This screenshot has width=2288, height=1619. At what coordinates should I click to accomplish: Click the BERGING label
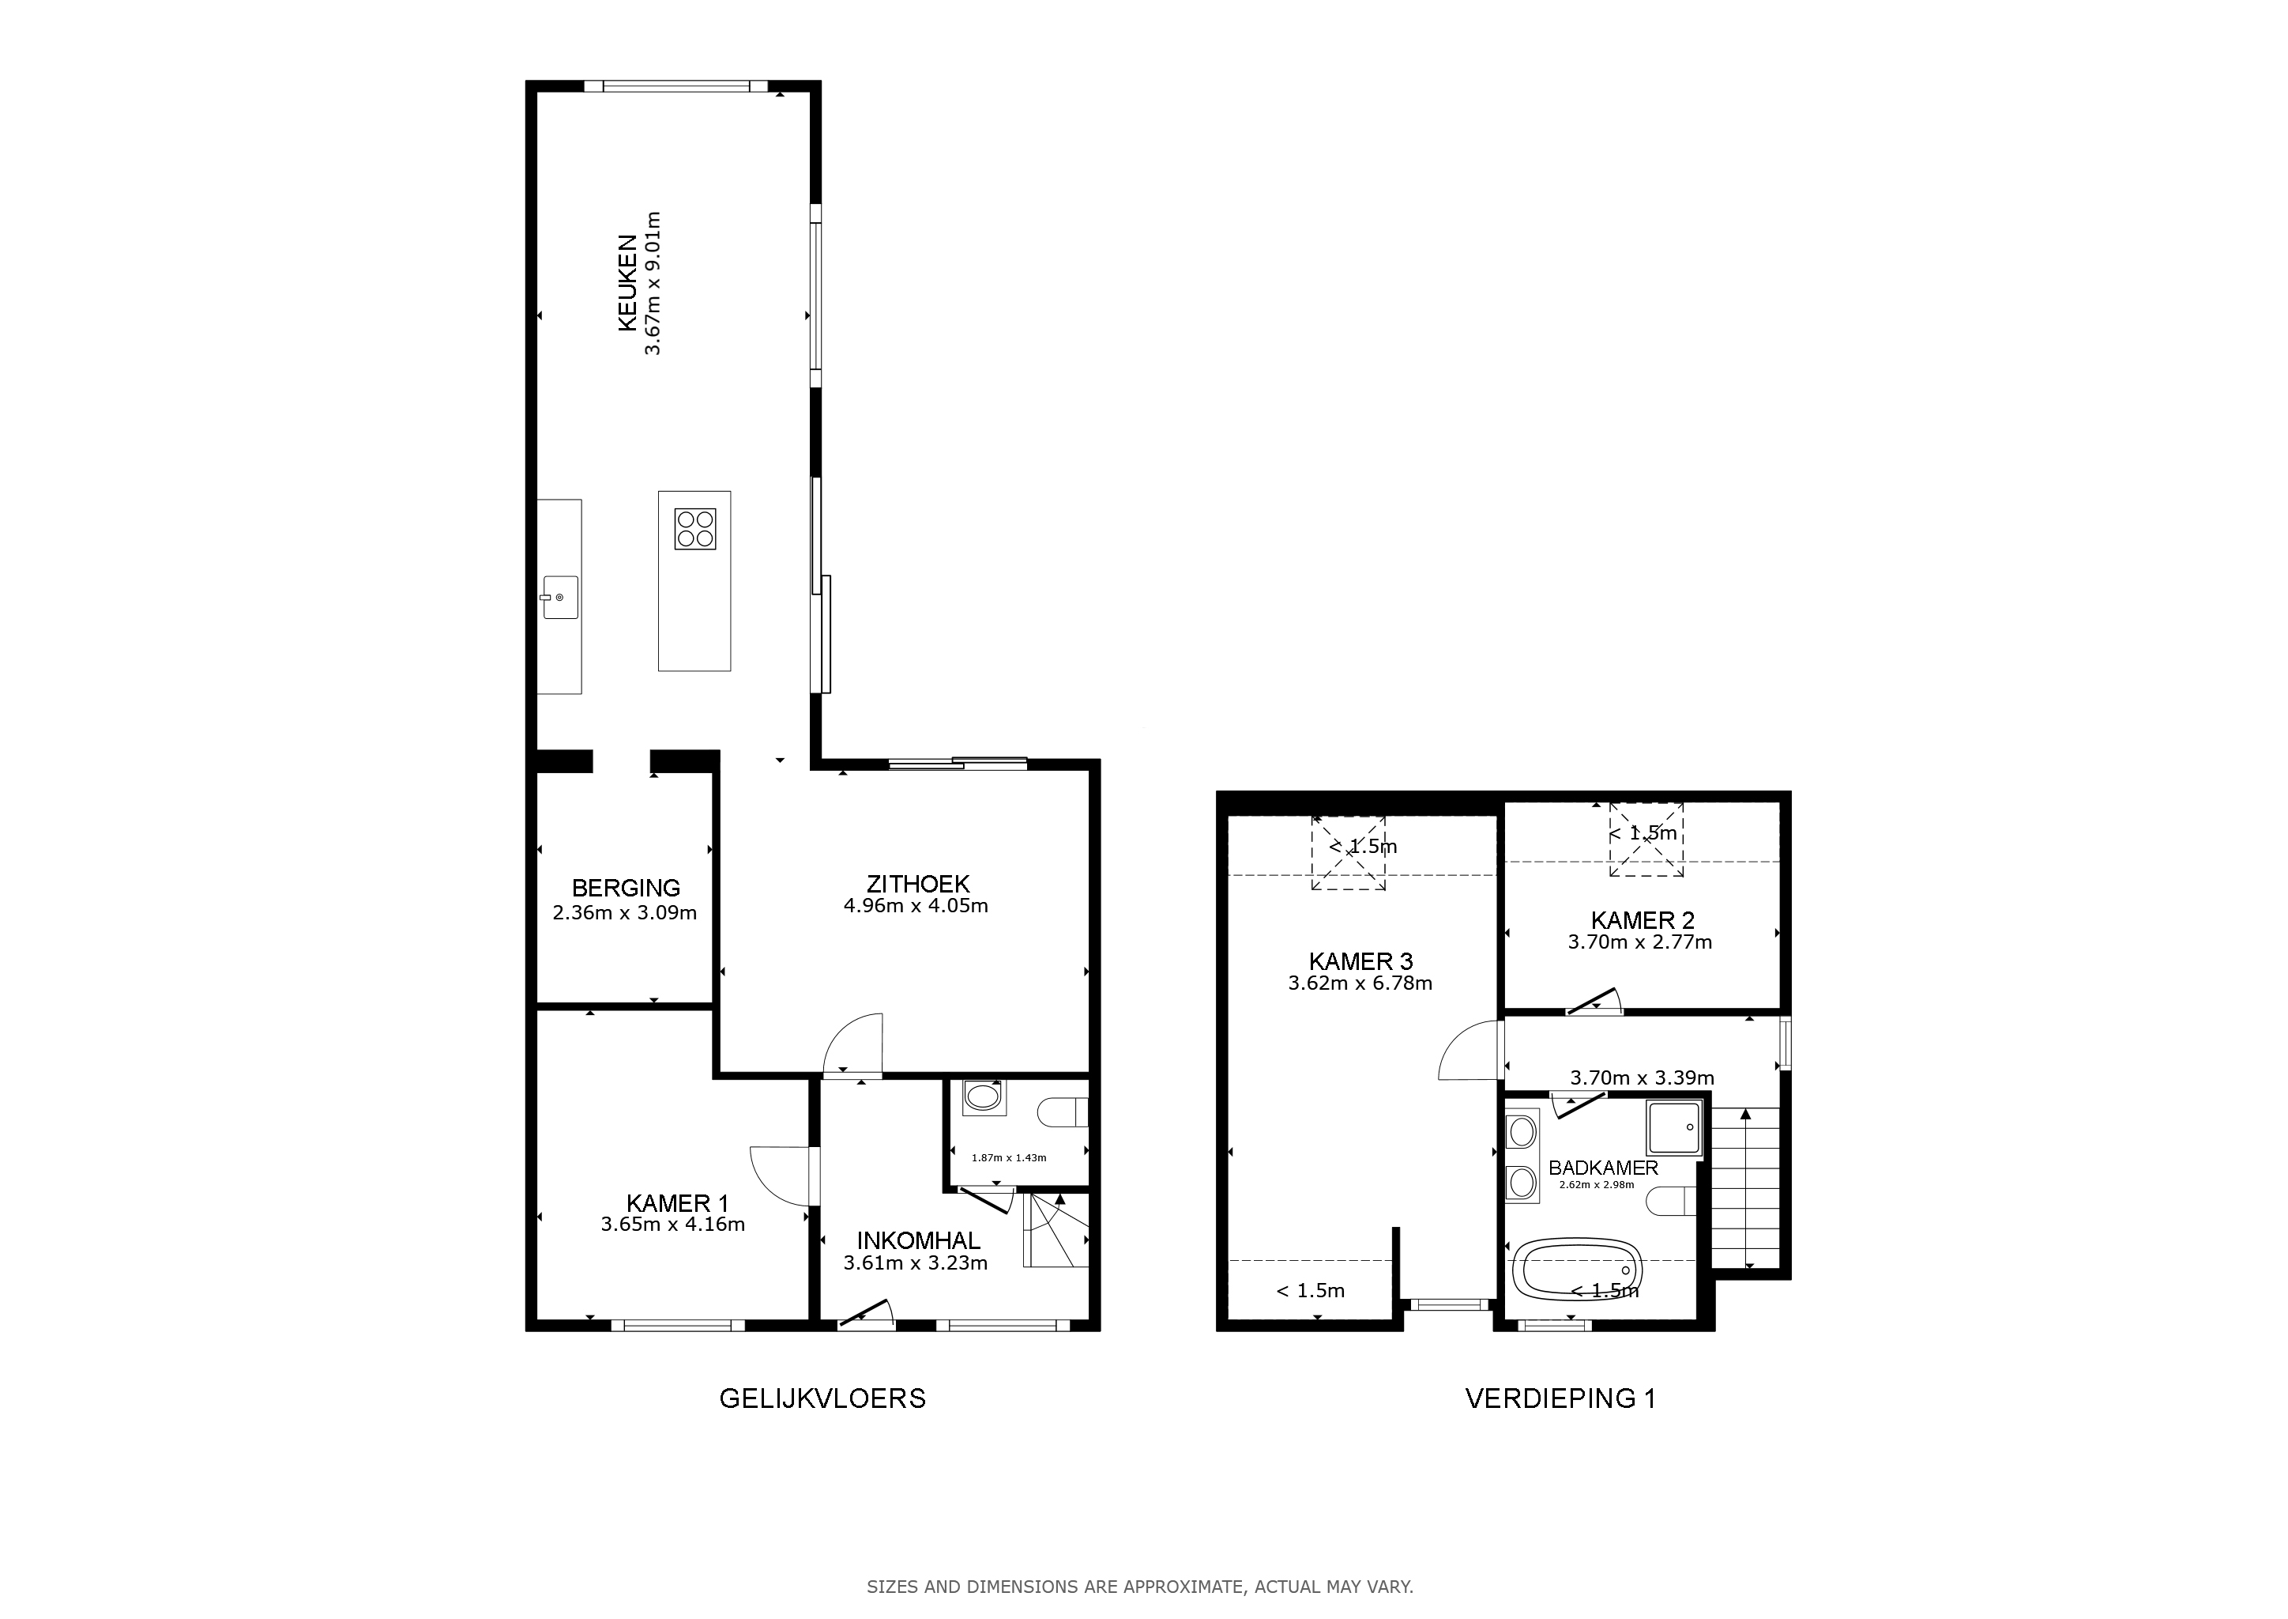tap(626, 887)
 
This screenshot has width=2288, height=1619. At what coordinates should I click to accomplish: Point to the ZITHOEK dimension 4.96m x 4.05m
tap(916, 906)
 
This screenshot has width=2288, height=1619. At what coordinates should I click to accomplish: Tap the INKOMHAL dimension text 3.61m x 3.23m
tap(916, 1263)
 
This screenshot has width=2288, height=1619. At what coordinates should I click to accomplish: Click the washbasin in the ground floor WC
tap(984, 1097)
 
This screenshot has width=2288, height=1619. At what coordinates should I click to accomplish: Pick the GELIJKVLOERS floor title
tap(822, 1398)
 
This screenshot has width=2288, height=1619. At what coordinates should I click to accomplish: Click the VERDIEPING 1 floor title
tap(1560, 1398)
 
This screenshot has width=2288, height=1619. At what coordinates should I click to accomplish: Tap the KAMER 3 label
tap(1360, 961)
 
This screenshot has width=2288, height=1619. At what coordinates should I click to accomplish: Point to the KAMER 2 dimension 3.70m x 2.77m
tap(1640, 942)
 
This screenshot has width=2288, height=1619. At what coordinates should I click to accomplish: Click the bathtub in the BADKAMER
tap(1576, 1270)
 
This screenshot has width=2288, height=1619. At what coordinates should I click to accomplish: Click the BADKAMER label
tap(1603, 1168)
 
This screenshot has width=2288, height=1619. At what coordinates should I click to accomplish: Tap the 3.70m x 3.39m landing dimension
tap(1643, 1077)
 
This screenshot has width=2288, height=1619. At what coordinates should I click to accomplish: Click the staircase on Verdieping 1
tap(1745, 1187)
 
